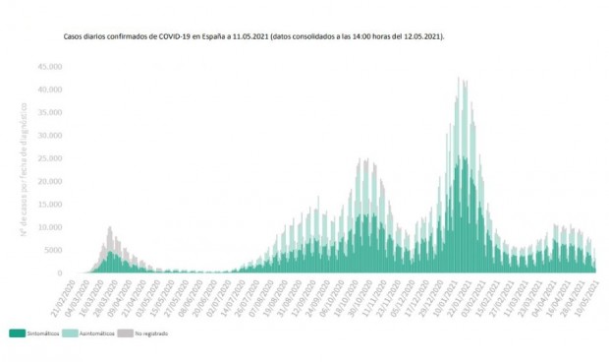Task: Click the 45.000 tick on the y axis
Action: tap(50, 66)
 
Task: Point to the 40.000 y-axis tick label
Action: tap(50, 90)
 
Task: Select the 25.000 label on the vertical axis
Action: tap(50, 158)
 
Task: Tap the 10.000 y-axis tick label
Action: tap(50, 227)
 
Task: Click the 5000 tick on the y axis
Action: tap(53, 251)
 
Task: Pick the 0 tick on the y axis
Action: tap(61, 273)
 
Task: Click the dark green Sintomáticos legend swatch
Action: tap(17, 332)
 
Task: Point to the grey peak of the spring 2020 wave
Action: tap(110, 228)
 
